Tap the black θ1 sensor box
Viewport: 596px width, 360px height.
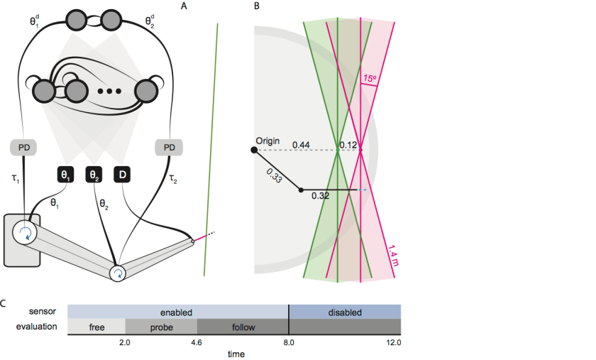tap(65, 174)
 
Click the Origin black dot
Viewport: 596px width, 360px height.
tap(254, 150)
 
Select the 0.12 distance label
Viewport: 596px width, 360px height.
tap(349, 145)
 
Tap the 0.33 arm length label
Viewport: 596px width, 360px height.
tap(272, 177)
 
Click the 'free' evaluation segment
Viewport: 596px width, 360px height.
tap(96, 327)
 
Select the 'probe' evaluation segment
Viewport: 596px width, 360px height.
tap(161, 327)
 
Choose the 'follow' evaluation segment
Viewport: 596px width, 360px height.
tap(243, 327)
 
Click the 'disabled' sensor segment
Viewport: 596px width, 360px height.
tap(345, 312)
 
